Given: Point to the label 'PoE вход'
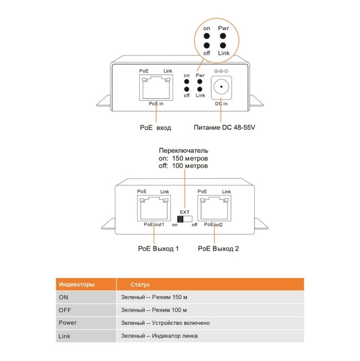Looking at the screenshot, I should pos(155,128).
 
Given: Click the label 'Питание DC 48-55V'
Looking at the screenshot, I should pos(224,128).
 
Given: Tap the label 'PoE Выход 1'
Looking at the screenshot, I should pos(158,248).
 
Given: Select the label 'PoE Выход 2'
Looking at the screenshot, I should pos(219,248).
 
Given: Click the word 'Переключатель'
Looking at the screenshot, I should pos(184,151).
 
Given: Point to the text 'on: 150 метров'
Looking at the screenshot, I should pos(184,158).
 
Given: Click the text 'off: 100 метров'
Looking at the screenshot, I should pos(184,166).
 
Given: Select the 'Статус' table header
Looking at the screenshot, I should pos(140,284).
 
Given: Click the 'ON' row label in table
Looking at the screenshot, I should pos(64,297).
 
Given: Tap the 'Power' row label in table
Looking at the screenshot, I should pos(68,323).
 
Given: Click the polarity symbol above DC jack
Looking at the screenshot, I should pos(221,71).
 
